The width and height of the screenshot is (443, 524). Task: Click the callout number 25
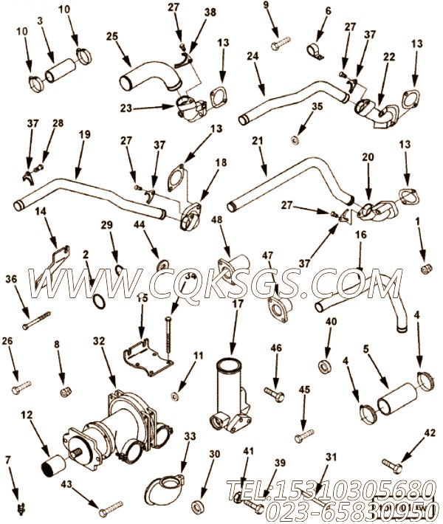112,36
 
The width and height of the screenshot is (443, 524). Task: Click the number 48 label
216,220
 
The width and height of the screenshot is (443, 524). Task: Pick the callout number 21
258,140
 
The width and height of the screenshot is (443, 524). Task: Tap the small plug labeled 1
425,266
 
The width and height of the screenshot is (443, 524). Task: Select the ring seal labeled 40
324,367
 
